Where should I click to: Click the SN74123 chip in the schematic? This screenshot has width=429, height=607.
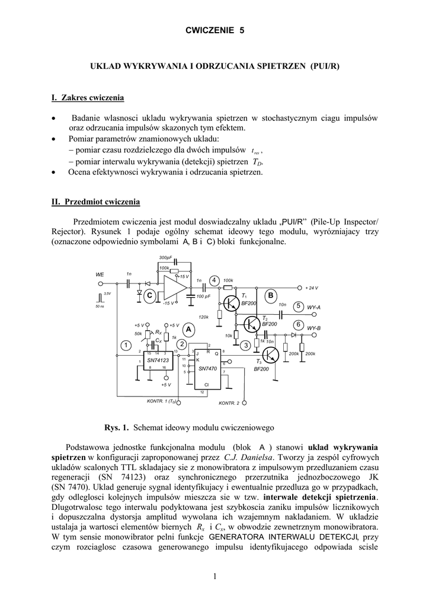(x=158, y=360)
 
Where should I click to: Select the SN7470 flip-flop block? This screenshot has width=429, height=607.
(x=208, y=368)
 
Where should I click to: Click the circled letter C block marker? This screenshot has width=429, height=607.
(x=150, y=295)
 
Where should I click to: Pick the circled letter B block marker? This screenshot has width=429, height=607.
(x=271, y=295)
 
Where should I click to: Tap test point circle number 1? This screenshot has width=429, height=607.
(x=126, y=345)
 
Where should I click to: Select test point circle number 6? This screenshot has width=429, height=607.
(x=299, y=325)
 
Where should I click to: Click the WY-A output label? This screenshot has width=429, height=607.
(x=313, y=308)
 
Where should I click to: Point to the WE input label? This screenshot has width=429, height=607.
(x=100, y=274)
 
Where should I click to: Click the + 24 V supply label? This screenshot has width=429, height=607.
(x=312, y=287)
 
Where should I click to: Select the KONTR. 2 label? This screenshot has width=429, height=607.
(x=229, y=403)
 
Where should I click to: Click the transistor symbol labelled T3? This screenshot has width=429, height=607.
(x=270, y=355)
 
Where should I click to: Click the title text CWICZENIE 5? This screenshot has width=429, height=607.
(x=214, y=30)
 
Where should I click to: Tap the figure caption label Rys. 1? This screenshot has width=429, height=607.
(x=116, y=427)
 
